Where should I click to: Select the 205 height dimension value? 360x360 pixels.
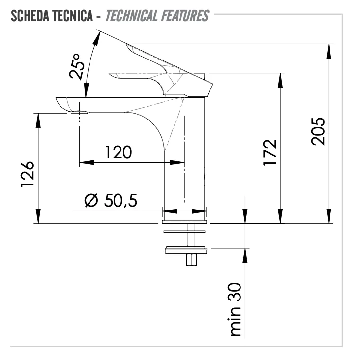coord(318,131)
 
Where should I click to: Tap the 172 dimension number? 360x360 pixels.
coord(270,152)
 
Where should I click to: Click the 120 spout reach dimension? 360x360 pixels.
coord(119,152)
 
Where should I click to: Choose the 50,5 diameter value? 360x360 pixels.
coord(121,200)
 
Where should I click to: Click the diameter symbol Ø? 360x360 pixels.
coord(91,200)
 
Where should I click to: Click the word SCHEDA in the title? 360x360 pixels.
coord(30,16)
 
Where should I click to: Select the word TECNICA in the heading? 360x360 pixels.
coord(73,16)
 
